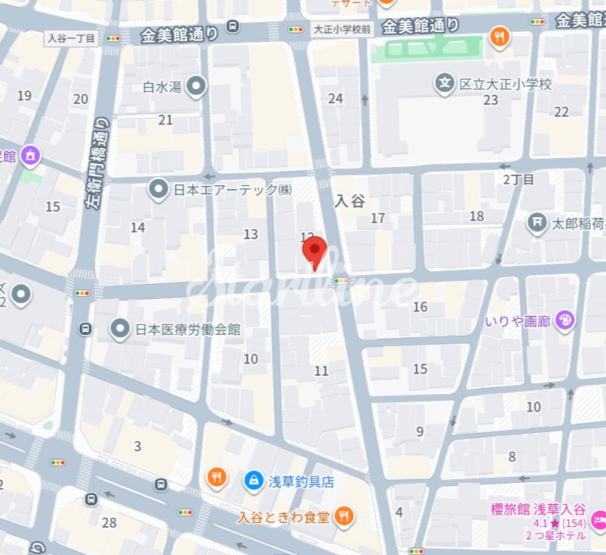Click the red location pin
click(x=314, y=251)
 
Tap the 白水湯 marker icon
click(x=197, y=87)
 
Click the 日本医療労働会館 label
click(x=188, y=329)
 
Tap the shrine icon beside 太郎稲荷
click(x=538, y=223)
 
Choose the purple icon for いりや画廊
click(x=565, y=321)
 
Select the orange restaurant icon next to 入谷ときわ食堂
click(x=343, y=517)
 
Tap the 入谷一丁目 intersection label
click(x=71, y=37)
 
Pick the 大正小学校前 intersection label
click(x=342, y=30)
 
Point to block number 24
click(x=335, y=98)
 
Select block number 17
click(x=377, y=219)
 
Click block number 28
click(x=109, y=522)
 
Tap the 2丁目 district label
click(x=519, y=179)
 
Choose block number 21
click(x=166, y=119)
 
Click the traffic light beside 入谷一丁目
click(x=114, y=38)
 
